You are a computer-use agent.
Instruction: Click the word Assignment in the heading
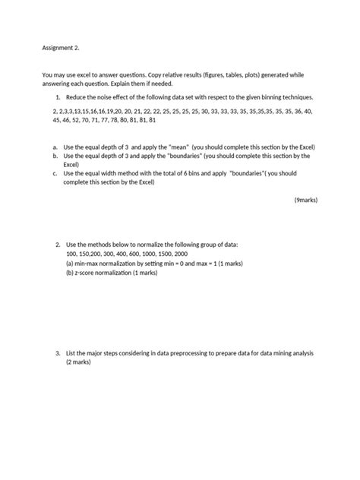point(58,46)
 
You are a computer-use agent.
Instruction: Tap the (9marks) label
point(306,201)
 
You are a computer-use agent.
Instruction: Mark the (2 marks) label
point(79,363)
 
